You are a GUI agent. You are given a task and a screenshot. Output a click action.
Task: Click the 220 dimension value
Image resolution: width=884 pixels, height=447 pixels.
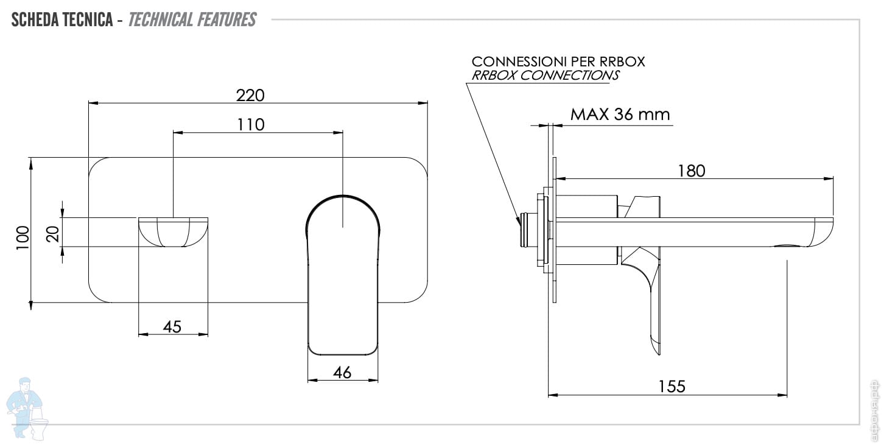click(251, 95)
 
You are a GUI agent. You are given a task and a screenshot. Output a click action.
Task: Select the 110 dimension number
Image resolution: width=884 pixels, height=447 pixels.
click(251, 124)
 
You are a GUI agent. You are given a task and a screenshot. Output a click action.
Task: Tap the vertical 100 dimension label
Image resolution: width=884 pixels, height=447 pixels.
click(22, 234)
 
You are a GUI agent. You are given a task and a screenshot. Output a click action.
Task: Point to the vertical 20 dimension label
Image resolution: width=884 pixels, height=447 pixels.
click(53, 233)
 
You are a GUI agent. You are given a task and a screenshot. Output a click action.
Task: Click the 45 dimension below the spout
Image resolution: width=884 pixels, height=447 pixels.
click(172, 326)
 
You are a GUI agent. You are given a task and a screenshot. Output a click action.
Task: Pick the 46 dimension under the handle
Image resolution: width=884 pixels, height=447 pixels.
click(343, 373)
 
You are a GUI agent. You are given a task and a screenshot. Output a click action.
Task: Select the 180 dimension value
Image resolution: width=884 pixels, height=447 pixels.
click(691, 171)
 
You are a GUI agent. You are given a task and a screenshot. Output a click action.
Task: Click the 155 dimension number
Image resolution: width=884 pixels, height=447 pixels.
click(672, 386)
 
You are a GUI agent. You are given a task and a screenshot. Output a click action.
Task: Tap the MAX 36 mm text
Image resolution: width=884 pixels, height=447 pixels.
click(620, 114)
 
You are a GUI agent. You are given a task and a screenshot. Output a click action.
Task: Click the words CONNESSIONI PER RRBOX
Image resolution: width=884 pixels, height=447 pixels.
click(558, 62)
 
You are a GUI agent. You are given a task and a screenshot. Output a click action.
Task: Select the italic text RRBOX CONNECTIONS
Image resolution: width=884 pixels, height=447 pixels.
click(545, 76)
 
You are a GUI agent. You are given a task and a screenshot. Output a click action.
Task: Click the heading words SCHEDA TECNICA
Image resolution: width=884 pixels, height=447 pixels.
click(61, 19)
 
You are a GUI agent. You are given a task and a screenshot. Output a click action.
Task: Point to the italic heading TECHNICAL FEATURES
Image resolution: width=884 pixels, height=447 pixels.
click(192, 19)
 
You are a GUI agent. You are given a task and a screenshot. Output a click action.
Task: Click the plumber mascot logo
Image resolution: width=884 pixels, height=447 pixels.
click(27, 406)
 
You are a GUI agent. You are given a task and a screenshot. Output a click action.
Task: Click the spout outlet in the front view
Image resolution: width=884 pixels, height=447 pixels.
click(173, 231)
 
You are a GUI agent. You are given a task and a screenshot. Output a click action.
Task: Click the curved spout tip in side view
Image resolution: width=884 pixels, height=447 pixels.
click(819, 234)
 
